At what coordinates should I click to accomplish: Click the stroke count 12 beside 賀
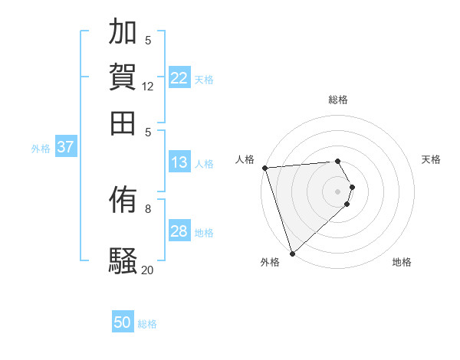click(x=148, y=87)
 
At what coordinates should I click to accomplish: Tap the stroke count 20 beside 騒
click(x=148, y=269)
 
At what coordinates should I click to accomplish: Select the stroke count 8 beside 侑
click(x=148, y=208)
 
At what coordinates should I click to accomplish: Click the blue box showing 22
click(x=179, y=78)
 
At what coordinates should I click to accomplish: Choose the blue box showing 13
click(x=179, y=162)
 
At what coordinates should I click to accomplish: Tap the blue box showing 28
click(x=179, y=231)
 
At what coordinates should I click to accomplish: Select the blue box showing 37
click(x=65, y=147)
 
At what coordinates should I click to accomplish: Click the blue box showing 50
click(x=123, y=322)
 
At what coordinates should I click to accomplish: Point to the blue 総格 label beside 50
click(x=147, y=324)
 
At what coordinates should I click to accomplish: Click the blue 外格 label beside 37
click(x=41, y=149)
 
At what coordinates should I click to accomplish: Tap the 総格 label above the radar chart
click(x=338, y=100)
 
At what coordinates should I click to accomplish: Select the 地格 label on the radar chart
click(x=402, y=263)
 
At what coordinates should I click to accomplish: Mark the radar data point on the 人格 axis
click(x=264, y=168)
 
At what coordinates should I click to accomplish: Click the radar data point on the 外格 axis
click(x=292, y=253)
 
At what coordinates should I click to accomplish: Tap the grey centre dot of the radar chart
click(x=338, y=191)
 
